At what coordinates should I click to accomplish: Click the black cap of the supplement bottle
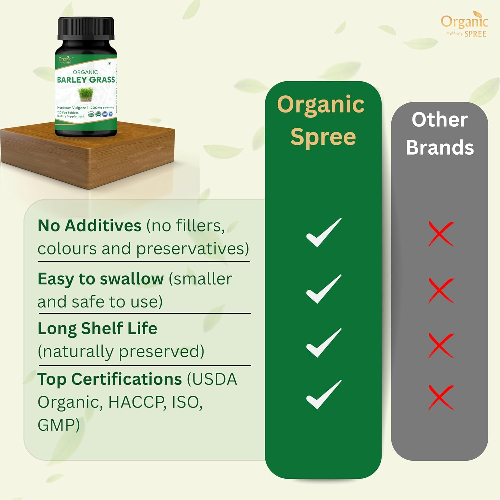pos(86,29)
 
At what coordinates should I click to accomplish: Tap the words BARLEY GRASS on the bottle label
pos(86,80)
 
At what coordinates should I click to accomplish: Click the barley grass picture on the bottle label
pos(86,94)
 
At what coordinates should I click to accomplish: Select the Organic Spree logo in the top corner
pos(465,25)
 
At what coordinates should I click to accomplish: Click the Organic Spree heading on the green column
pos(322,120)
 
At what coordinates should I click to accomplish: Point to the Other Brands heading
pos(440,133)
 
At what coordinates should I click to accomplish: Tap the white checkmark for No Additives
pos(324,233)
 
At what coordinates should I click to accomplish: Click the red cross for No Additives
pos(441,234)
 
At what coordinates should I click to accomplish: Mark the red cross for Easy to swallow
pos(441,290)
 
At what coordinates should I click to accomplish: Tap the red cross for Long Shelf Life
pos(441,345)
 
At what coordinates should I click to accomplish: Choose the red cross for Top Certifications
pos(441,397)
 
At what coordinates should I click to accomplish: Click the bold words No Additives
pos(89,226)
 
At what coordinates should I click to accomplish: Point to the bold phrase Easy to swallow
pos(101,279)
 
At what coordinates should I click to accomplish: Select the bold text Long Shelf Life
pos(97,329)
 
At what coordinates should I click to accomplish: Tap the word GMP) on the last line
pos(59,425)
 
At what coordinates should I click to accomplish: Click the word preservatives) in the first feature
pos(193,249)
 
